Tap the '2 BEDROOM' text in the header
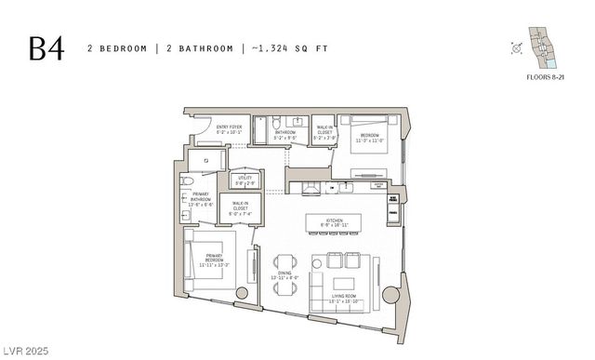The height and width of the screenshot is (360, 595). point(117,47)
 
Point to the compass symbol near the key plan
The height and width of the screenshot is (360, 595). point(516,48)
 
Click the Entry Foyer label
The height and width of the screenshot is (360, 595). point(228,131)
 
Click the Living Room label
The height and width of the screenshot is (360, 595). point(345,299)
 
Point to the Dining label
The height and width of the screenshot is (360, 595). point(284,275)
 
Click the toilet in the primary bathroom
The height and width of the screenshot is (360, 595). point(187,180)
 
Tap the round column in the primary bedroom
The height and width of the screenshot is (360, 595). point(242,293)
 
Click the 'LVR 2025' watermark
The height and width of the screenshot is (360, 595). point(24,352)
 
